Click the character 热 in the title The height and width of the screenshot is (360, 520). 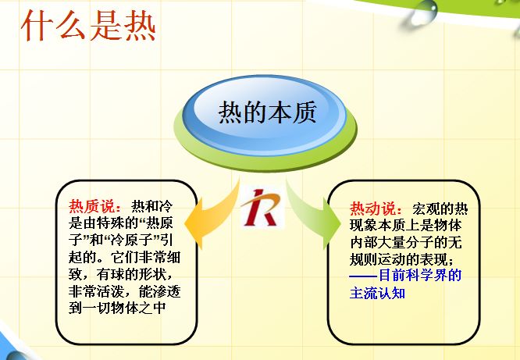pos(138,25)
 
